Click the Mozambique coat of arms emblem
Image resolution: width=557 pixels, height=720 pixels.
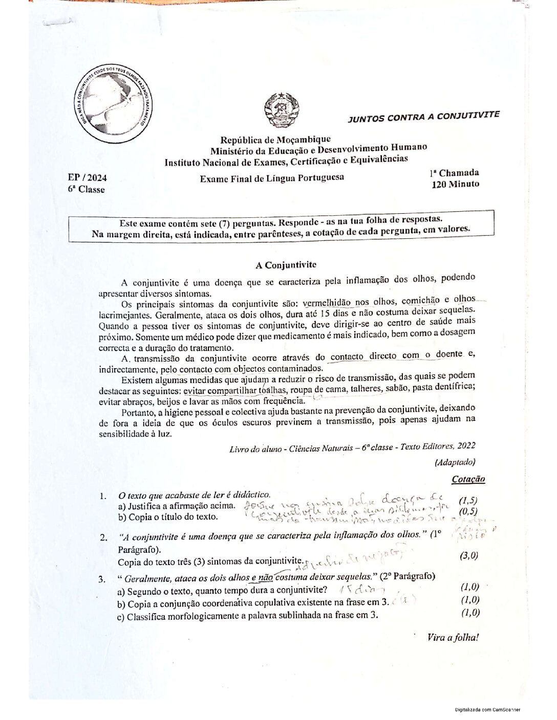point(278,109)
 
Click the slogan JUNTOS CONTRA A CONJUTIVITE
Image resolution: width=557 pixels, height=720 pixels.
point(423,117)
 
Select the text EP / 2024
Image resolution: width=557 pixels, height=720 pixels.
point(88,178)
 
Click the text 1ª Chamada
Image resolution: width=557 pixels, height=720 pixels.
point(454,173)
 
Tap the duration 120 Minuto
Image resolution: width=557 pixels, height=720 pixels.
point(456,184)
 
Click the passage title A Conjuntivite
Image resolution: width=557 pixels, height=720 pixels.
point(286,265)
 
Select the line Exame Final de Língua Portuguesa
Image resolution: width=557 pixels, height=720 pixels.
point(272,178)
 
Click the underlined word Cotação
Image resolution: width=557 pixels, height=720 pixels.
point(468,479)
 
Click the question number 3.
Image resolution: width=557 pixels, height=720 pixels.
point(102,579)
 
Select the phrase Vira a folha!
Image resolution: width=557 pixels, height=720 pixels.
point(453,637)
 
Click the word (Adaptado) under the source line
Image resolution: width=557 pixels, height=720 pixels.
point(455,462)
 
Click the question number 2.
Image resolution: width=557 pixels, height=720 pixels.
point(103,537)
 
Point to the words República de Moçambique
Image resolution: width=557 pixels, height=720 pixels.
point(275,140)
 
